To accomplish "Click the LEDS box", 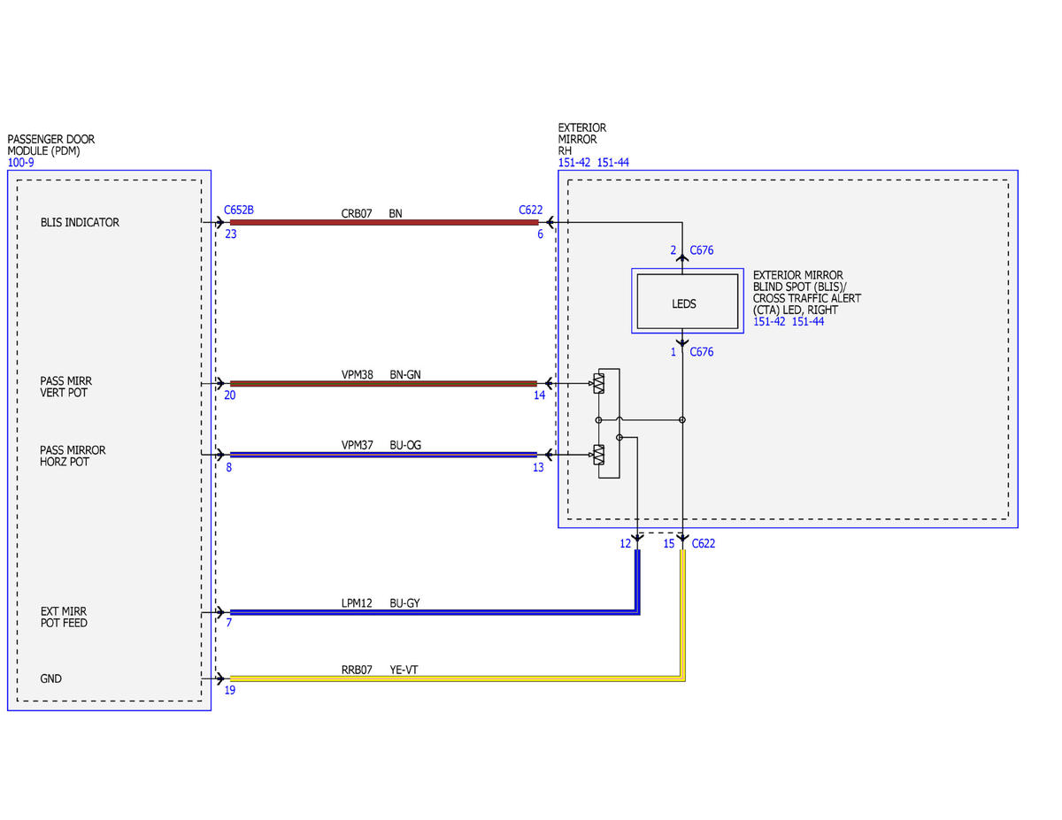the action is [x=687, y=302].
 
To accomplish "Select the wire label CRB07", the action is [x=357, y=213].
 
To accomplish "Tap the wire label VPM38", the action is [x=357, y=374].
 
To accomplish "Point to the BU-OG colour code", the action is [x=405, y=445].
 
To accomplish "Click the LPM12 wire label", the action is [x=357, y=603].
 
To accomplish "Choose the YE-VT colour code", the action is [x=404, y=670].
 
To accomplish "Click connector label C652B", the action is [x=238, y=210].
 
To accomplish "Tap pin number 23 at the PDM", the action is [x=231, y=234].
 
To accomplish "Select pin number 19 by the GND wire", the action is [x=230, y=690].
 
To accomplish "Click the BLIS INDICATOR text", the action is [x=80, y=222].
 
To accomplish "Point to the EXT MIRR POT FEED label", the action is [x=64, y=617].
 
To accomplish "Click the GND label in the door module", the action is [x=50, y=678].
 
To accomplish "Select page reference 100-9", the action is [x=20, y=162].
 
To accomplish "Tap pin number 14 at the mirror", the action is [x=539, y=395].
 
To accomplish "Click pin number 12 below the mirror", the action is [x=625, y=544].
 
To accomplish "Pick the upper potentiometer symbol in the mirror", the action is [x=598, y=383].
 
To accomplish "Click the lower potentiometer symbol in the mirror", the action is [x=598, y=455].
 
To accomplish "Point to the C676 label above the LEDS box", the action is [x=701, y=250].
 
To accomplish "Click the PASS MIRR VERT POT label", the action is [x=65, y=387].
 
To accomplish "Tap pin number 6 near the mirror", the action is [x=540, y=234].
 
